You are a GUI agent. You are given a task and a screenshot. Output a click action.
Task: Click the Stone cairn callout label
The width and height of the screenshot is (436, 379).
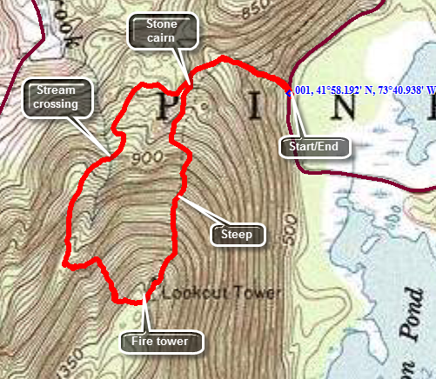[x=165, y=31]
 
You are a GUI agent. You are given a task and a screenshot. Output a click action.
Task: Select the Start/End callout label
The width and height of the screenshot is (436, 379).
[x=314, y=146]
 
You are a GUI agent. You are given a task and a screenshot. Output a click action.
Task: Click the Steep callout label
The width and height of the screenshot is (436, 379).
[x=236, y=234]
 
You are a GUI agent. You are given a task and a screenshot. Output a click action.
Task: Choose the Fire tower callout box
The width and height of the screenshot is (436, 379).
[x=161, y=341]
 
